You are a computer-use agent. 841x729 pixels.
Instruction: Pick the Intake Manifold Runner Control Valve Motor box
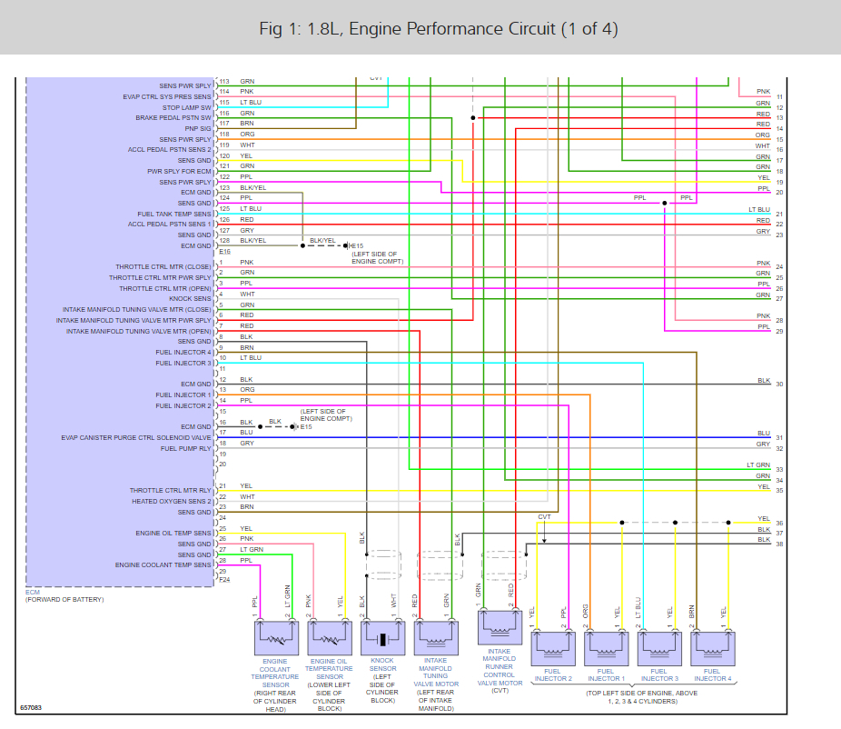[499, 627]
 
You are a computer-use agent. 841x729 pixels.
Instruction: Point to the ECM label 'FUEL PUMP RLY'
[185, 448]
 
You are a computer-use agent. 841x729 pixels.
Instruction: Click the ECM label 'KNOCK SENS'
[190, 299]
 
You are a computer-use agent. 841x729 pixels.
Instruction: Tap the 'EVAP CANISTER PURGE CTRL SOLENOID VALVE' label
[136, 437]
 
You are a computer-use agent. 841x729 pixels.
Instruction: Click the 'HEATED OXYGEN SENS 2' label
[172, 501]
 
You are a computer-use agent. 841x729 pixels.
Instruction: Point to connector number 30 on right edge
[779, 384]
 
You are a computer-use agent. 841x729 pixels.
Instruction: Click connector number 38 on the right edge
[779, 544]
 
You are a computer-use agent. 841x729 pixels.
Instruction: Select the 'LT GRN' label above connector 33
[758, 464]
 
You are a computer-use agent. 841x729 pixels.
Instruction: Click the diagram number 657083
[33, 707]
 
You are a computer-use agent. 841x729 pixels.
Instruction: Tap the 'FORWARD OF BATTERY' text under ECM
[64, 600]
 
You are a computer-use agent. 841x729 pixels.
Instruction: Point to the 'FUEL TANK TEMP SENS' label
[173, 214]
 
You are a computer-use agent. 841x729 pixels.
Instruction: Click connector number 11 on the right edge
[779, 97]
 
